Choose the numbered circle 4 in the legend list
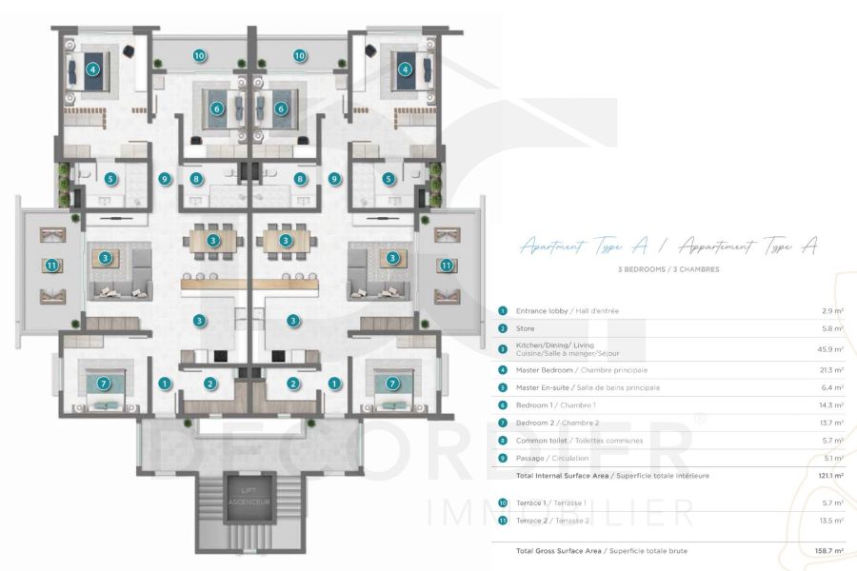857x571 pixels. tap(503, 369)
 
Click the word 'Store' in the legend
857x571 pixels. tap(526, 329)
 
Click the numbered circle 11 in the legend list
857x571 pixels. tap(503, 521)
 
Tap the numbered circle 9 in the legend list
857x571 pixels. tap(503, 458)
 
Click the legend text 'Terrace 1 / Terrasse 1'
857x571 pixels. tap(552, 502)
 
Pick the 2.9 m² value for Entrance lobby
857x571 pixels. tap(831, 311)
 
